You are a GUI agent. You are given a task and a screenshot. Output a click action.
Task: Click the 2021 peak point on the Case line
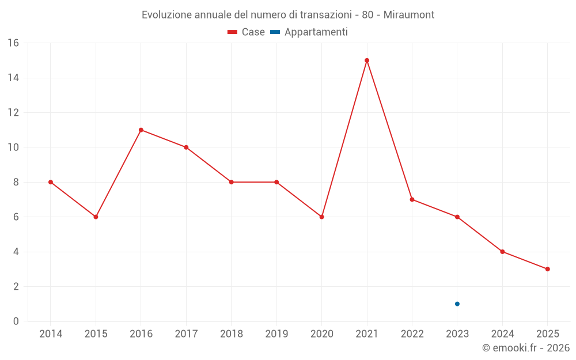[367, 60]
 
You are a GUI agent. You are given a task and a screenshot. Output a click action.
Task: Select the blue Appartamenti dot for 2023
[457, 304]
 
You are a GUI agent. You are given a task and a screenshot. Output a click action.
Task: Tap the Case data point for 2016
[141, 130]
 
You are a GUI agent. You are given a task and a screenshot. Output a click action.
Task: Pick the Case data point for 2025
[548, 269]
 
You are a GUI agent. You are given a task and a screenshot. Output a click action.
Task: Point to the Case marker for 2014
[51, 182]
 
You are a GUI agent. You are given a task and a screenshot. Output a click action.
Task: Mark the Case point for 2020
[322, 217]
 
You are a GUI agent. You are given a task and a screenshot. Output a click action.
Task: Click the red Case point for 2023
[457, 217]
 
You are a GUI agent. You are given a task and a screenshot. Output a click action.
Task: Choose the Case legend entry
[247, 32]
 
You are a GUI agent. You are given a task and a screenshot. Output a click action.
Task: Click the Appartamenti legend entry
[309, 32]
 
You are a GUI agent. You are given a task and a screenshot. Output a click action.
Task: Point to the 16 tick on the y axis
[13, 43]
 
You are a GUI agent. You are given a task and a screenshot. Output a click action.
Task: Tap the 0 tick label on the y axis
[16, 321]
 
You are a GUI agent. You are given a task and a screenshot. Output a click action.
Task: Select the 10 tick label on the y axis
[13, 147]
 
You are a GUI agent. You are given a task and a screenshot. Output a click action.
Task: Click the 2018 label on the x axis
[232, 334]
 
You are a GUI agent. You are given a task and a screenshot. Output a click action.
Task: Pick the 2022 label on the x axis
[412, 334]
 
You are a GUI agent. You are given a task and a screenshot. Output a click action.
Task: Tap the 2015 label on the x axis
[96, 334]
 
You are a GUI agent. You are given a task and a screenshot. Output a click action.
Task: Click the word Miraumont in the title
[410, 14]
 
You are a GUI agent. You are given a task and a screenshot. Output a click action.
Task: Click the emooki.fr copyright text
[526, 348]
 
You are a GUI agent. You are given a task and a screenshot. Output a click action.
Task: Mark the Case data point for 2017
[186, 147]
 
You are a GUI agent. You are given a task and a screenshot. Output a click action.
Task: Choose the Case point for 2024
[503, 252]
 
